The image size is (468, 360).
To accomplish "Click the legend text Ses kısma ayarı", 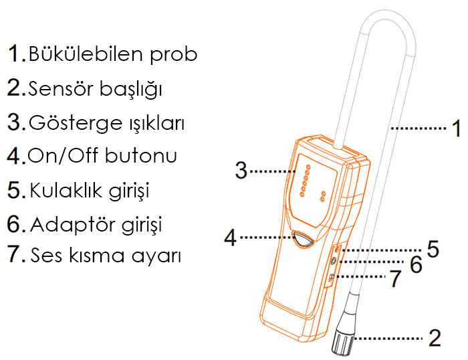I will [106, 256].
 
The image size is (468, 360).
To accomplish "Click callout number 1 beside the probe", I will [455, 127].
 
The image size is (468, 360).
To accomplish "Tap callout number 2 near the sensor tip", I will [435, 338].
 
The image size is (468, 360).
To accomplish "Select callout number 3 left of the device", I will [241, 170].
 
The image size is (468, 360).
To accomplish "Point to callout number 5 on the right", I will [433, 249].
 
